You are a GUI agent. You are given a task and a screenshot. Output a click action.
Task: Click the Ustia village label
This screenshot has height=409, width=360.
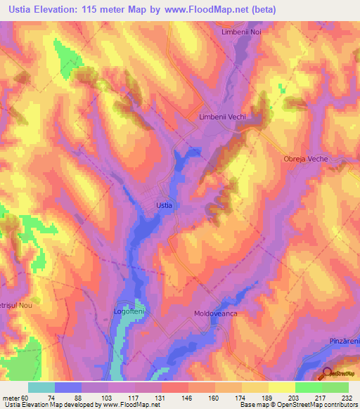(x=163, y=205)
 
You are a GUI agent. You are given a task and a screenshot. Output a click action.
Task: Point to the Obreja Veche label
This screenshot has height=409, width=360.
(x=305, y=160)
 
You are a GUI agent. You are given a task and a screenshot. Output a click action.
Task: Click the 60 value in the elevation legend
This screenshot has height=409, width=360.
(x=25, y=397)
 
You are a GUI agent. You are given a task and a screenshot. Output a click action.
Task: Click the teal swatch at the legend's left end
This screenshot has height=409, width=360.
(x=41, y=387)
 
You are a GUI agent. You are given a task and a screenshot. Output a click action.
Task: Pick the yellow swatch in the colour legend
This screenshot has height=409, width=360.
(x=281, y=387)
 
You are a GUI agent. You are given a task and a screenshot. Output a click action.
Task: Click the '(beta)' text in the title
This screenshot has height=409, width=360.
(x=262, y=10)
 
